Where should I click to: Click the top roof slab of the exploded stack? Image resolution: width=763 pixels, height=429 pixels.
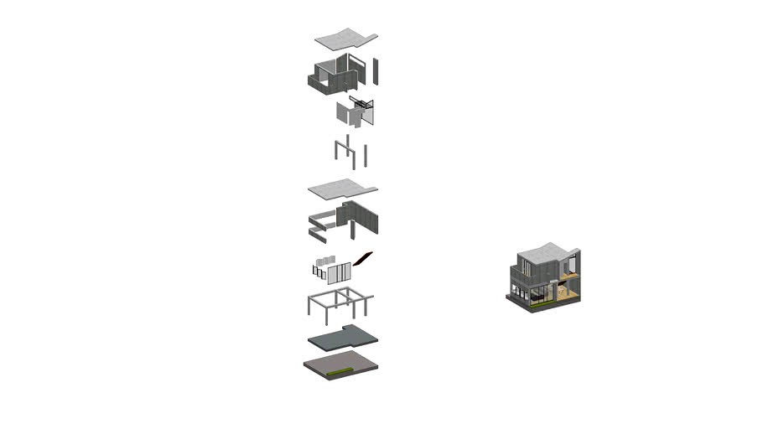[x=345, y=39]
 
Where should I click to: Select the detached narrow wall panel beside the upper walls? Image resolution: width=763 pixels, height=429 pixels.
[x=376, y=71]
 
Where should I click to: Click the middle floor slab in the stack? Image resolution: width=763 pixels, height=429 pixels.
[x=342, y=189]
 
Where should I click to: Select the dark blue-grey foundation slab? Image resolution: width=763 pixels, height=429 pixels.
[x=343, y=338]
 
